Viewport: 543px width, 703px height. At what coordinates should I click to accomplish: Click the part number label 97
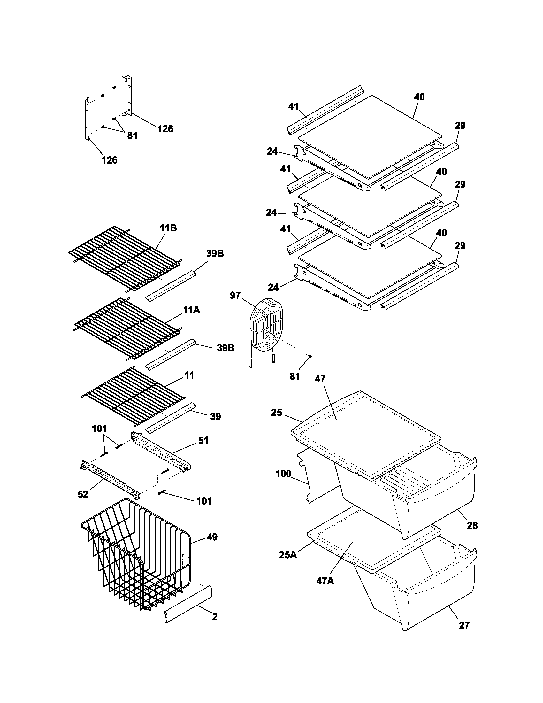(x=235, y=295)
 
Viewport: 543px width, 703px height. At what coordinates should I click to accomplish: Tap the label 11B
(x=168, y=228)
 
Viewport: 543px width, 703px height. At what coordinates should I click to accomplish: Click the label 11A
(x=192, y=310)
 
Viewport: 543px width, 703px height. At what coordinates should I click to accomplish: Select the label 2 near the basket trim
(x=215, y=617)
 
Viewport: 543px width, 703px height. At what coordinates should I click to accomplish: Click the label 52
(x=83, y=494)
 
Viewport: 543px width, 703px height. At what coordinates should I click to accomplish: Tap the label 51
(x=203, y=440)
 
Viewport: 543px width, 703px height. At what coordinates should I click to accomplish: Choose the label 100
(x=283, y=474)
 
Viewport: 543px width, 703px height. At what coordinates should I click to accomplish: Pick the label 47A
(x=325, y=590)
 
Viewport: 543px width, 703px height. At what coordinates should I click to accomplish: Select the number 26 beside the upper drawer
(x=472, y=526)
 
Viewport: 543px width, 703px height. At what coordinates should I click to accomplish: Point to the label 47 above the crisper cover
(x=320, y=379)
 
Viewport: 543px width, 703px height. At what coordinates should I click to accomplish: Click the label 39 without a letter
(x=215, y=416)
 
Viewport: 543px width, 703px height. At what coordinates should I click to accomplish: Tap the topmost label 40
(x=419, y=97)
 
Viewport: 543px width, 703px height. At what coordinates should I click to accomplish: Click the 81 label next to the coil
(x=295, y=376)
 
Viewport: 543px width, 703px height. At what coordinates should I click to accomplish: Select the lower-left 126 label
(x=110, y=160)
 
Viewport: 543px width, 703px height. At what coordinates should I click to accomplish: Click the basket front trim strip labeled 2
(x=188, y=605)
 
